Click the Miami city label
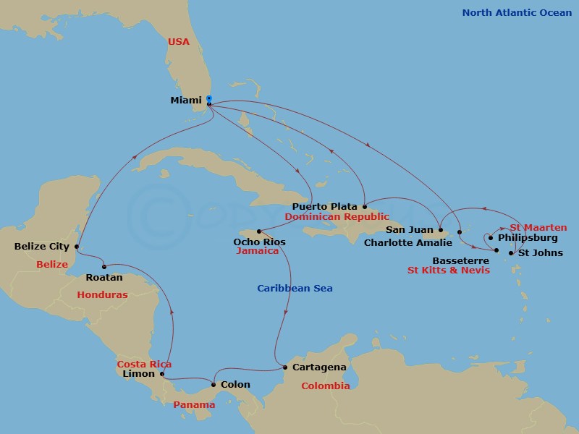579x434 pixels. point(185,101)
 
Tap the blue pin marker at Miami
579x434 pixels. point(208,99)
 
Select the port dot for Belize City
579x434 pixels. point(77,247)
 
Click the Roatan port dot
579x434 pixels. point(104,266)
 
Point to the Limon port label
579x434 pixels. point(139,374)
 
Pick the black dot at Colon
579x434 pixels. point(213,384)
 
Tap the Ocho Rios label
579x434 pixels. point(259,242)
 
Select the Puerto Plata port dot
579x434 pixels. point(365,206)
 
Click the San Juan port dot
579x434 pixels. point(440,230)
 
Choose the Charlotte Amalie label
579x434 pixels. point(408,243)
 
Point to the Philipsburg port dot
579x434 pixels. point(491,237)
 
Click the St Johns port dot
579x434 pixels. point(512,253)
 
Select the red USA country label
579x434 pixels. point(178,42)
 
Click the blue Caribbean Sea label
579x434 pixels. point(295,289)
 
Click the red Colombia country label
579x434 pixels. point(326,386)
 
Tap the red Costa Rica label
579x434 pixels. point(145,364)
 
